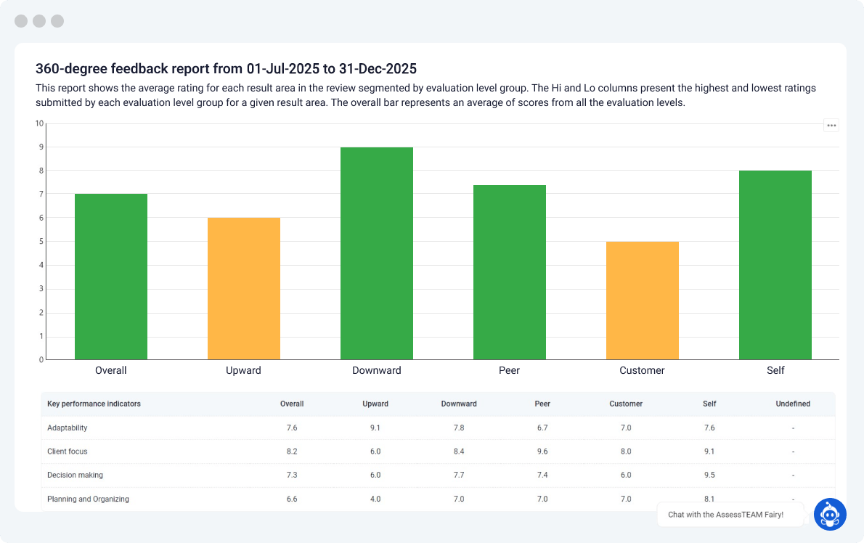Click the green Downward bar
pyautogui.click(x=377, y=253)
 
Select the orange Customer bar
pyautogui.click(x=643, y=301)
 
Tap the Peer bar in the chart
pyautogui.click(x=510, y=272)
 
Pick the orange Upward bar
pyautogui.click(x=244, y=289)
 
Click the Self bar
pyautogui.click(x=775, y=265)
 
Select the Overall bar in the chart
pyautogui.click(x=111, y=277)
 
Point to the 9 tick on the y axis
pyautogui.click(x=41, y=147)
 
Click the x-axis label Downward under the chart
pyautogui.click(x=377, y=370)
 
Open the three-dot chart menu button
pyautogui.click(x=831, y=126)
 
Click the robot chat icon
pyautogui.click(x=830, y=514)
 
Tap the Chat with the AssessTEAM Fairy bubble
pyautogui.click(x=725, y=515)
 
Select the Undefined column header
pyautogui.click(x=793, y=404)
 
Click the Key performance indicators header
pyautogui.click(x=94, y=404)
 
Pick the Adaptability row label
pyautogui.click(x=68, y=428)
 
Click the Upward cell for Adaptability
pyautogui.click(x=375, y=428)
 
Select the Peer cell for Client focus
pyautogui.click(x=542, y=452)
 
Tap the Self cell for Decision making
pyautogui.click(x=709, y=475)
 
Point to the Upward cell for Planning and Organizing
pyautogui.click(x=375, y=499)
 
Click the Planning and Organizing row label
pyautogui.click(x=88, y=499)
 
